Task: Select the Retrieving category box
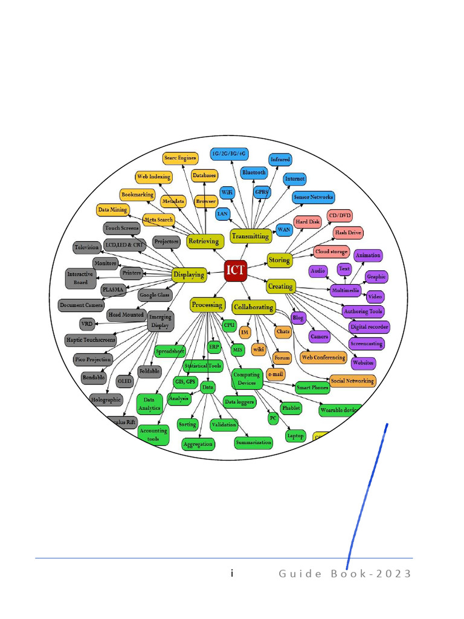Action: point(204,241)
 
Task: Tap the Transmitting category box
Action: point(250,236)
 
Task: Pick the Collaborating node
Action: point(253,307)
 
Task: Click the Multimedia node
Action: point(345,291)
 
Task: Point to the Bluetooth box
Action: point(254,173)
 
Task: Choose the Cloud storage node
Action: point(331,251)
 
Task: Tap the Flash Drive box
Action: point(349,232)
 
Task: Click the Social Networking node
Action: point(353,381)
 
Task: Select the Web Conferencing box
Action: point(323,357)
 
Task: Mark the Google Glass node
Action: point(155,296)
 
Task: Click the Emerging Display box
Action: point(160,321)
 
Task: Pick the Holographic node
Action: point(106,400)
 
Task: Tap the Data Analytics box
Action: point(149,404)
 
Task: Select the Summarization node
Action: point(254,442)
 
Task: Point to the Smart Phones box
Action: point(312,387)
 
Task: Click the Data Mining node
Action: point(112,210)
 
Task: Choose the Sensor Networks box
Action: point(313,197)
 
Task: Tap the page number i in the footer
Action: point(232,573)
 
